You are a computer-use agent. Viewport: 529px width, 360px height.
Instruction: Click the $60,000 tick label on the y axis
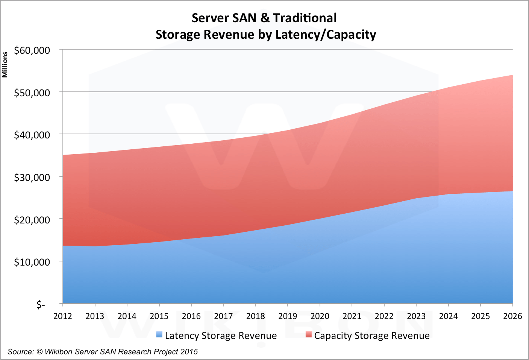32,50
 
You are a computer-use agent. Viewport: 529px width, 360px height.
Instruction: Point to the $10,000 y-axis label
32,262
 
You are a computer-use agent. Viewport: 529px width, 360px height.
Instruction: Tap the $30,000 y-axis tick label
32,177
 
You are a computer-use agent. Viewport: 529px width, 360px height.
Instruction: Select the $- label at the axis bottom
41,304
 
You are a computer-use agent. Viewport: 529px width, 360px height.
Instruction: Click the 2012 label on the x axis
63,316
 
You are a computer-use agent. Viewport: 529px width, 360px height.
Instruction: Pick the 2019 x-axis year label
288,316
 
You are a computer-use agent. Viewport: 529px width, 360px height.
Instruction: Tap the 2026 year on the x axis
512,316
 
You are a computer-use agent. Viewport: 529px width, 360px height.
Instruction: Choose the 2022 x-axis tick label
384,316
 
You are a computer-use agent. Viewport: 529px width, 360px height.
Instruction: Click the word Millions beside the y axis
5,65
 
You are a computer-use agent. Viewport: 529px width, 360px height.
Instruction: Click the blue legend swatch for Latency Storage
159,334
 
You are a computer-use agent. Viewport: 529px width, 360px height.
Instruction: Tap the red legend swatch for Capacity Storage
309,334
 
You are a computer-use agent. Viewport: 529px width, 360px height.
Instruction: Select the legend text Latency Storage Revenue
221,336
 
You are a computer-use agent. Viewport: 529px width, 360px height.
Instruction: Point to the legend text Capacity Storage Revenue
372,336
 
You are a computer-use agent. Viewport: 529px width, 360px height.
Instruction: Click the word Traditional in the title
305,18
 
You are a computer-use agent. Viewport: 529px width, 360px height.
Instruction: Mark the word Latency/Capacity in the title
326,35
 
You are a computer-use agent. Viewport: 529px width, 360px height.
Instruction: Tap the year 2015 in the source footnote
189,352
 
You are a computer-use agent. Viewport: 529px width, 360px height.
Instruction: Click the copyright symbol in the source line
39,352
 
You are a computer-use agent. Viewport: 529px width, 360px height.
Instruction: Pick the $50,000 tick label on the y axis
32,93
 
